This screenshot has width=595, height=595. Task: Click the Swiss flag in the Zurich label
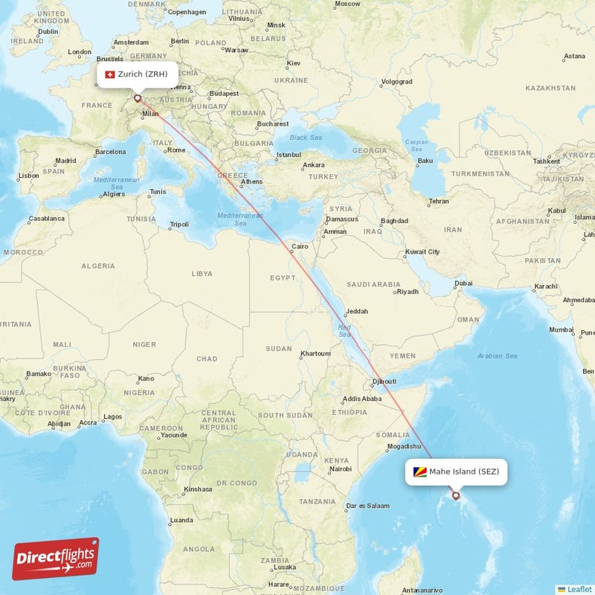(x=110, y=74)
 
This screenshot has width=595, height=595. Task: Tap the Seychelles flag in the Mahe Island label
(x=420, y=472)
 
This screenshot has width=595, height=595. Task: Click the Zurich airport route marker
(x=137, y=97)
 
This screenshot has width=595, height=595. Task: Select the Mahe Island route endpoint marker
(x=456, y=496)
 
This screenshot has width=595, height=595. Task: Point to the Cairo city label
(x=300, y=246)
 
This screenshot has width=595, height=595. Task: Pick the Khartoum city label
(x=315, y=353)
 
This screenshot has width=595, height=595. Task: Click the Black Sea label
(x=306, y=138)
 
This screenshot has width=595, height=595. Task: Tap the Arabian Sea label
(x=498, y=356)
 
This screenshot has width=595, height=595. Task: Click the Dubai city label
(x=463, y=283)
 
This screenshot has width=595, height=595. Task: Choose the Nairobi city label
(x=341, y=469)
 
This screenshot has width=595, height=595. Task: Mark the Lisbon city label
(x=29, y=176)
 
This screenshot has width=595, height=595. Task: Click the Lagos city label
(x=114, y=416)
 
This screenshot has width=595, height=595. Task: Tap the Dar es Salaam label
(x=367, y=506)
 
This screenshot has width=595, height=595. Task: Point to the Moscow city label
(x=347, y=4)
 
